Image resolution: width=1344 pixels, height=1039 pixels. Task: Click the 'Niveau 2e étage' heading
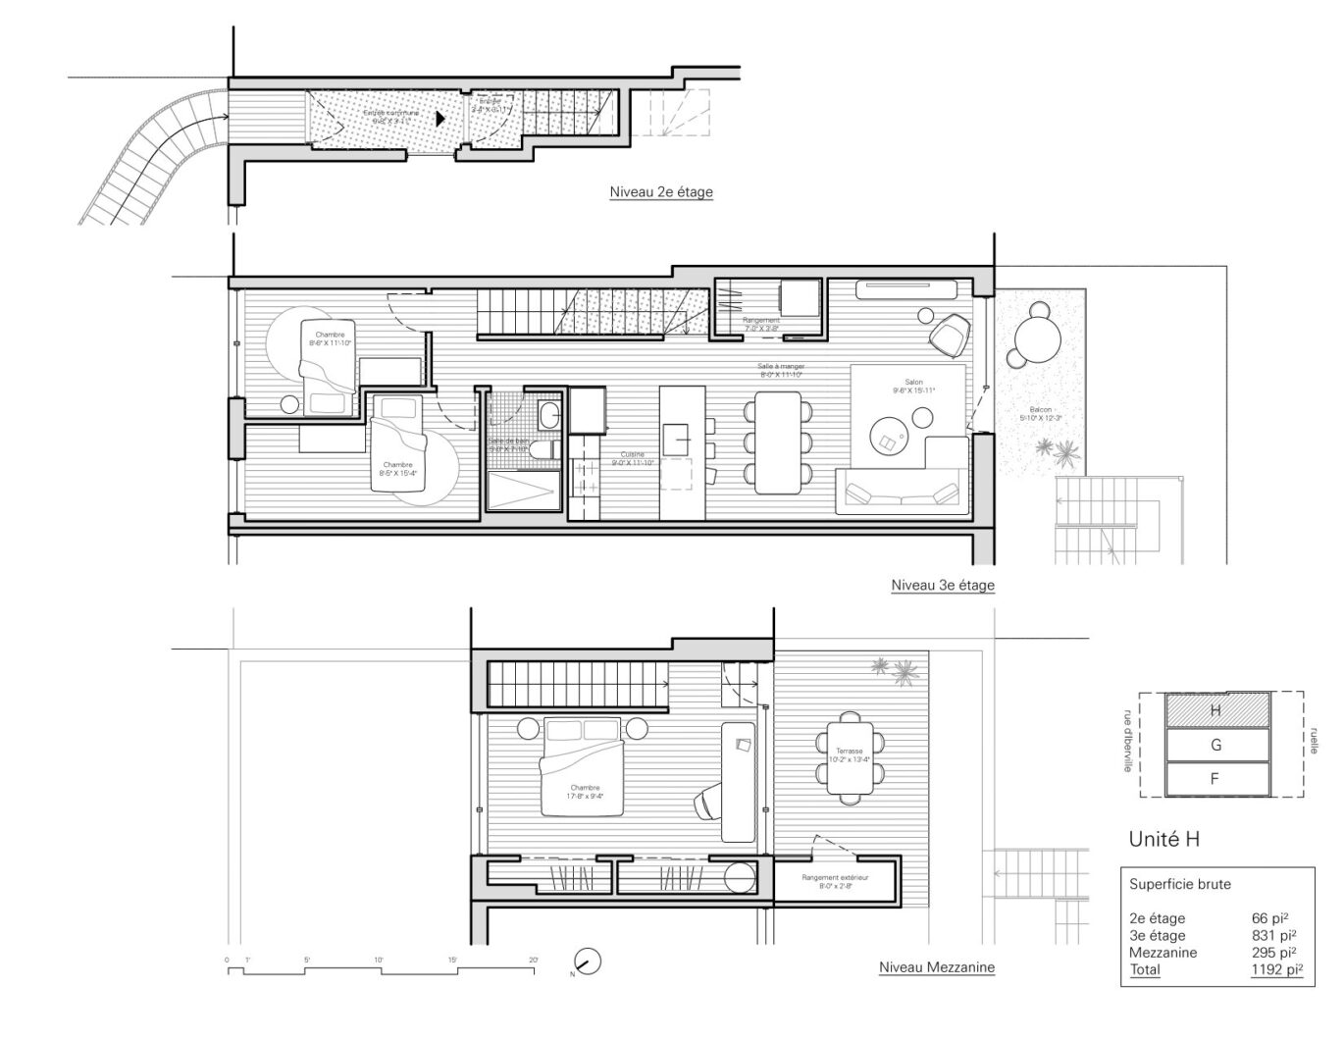tap(660, 192)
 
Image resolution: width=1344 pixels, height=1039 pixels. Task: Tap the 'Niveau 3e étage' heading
tap(942, 586)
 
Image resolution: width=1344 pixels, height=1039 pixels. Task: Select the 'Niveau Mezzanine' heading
tap(936, 967)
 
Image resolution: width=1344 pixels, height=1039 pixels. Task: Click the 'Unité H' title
tap(1163, 840)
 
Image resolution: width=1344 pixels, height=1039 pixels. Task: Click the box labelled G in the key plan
tap(1215, 745)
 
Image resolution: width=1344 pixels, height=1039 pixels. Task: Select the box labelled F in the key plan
tap(1215, 779)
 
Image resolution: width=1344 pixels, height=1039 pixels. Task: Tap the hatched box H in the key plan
tap(1215, 710)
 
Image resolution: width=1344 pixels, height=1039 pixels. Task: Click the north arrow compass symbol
tap(587, 962)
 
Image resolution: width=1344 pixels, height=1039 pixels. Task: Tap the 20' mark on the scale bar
tap(533, 960)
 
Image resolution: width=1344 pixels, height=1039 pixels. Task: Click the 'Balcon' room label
tap(1040, 410)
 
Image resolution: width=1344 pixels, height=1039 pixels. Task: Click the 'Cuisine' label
tap(632, 455)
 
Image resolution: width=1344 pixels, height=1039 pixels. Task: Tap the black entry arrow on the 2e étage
tap(440, 118)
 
